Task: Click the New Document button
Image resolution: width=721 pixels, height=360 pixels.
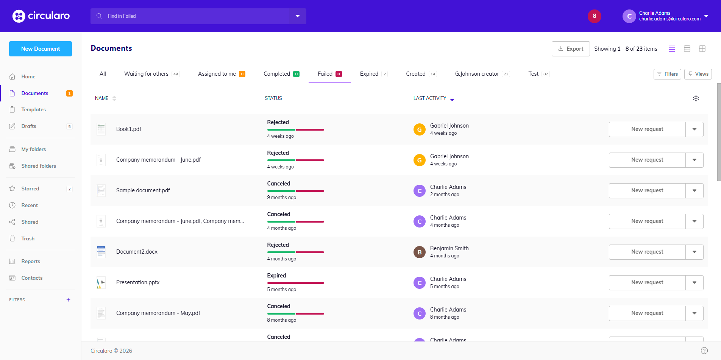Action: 41,49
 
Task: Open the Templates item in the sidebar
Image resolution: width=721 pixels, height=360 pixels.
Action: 33,110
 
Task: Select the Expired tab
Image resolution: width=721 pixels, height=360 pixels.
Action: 369,74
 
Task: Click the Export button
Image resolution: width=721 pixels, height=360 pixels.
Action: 570,49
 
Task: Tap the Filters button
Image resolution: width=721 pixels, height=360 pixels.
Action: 667,74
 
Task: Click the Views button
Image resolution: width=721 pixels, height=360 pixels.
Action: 698,74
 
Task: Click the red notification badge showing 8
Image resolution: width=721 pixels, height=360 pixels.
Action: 594,16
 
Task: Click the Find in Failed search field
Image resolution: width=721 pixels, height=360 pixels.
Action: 189,16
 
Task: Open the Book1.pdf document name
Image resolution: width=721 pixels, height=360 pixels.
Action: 129,129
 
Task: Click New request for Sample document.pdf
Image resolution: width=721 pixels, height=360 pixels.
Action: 647,191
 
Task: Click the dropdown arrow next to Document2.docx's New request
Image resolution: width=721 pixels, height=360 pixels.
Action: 694,252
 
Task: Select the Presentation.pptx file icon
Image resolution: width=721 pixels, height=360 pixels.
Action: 101,283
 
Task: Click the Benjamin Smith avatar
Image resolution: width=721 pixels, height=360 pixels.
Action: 419,252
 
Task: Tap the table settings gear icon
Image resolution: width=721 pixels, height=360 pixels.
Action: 696,98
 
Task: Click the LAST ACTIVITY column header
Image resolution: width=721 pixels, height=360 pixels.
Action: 430,98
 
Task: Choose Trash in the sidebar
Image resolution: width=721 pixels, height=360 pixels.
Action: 28,239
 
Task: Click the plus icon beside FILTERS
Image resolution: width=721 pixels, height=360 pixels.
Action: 69,300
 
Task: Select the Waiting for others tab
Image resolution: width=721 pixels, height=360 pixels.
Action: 146,74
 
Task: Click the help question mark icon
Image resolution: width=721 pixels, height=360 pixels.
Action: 704,351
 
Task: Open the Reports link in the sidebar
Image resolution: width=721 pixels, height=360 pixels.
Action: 31,262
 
